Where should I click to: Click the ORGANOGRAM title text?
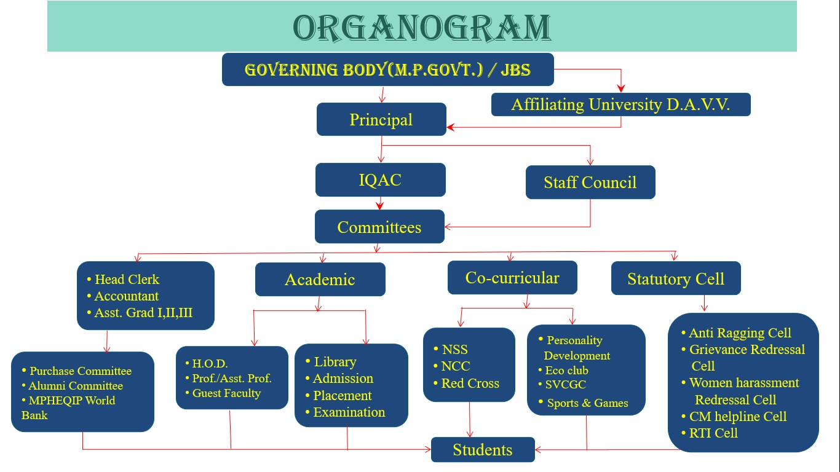coord(421,28)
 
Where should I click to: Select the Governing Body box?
coord(388,69)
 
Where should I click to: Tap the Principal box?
coord(381,119)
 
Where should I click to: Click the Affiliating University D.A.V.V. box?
coord(620,104)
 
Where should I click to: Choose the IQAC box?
coord(380,179)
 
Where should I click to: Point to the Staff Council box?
coord(590,182)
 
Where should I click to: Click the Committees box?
coord(379,226)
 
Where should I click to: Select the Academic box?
coord(320,279)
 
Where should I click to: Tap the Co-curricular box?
coord(512,277)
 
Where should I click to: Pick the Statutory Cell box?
coord(676,278)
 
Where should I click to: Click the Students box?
coord(483,449)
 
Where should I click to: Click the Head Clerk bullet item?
coord(123,279)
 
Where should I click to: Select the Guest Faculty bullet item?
coord(223,393)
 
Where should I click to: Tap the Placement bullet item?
coord(339,395)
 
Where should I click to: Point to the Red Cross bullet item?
coord(466,383)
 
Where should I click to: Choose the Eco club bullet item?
coord(563,371)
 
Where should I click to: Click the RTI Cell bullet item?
coord(710,433)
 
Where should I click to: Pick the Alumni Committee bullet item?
coord(73,386)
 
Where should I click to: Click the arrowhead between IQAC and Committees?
coord(380,205)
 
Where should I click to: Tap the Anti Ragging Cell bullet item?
coord(736,332)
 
